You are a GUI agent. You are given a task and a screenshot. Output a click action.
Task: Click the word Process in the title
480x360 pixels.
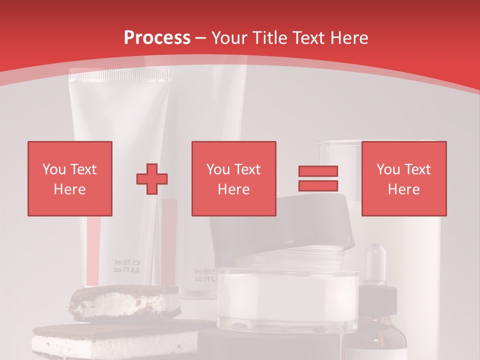[x=157, y=38]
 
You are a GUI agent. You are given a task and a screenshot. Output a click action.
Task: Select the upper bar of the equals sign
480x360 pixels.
[x=318, y=171]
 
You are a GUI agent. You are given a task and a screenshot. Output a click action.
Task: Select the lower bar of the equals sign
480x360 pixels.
[x=318, y=185]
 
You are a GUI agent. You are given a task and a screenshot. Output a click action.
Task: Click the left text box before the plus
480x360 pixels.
[x=69, y=178]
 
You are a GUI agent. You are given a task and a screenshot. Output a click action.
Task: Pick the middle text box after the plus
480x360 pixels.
[x=233, y=178]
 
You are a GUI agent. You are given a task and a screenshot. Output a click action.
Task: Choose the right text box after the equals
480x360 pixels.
[x=403, y=178]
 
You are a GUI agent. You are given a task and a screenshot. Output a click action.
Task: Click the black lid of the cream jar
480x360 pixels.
[x=280, y=225]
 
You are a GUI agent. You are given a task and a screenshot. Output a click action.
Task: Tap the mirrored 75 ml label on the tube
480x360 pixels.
[x=126, y=265]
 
